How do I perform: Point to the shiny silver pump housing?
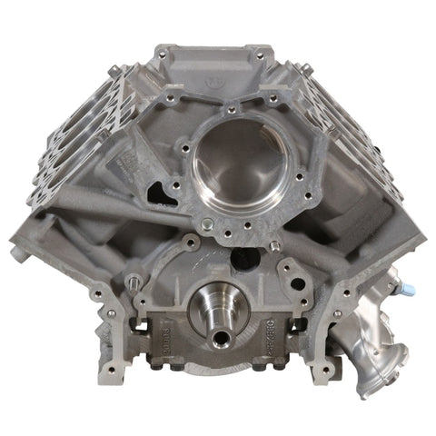[x=368, y=350]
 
